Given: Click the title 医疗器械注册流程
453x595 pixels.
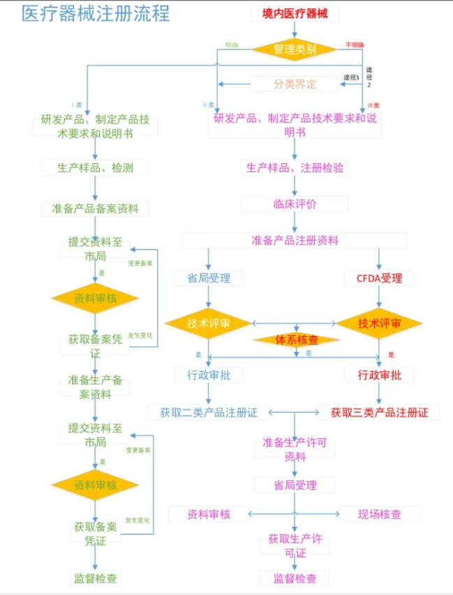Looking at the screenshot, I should [96, 14].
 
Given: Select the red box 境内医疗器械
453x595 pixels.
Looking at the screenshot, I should [295, 13].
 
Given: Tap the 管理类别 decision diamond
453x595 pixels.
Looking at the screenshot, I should [295, 50].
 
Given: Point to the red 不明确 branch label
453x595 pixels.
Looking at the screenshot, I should [354, 45].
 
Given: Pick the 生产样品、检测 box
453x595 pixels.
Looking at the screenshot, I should [95, 167].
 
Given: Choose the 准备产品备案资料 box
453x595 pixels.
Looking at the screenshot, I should [95, 208].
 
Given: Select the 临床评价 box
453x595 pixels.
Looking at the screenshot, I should [295, 204].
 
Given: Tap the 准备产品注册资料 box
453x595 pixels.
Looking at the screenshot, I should [295, 241].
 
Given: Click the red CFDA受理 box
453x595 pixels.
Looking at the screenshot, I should [379, 278].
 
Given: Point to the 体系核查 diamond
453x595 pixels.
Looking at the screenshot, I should [295, 340].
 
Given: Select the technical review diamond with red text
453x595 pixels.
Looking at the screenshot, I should [380, 324].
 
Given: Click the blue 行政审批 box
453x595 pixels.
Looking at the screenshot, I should [208, 375].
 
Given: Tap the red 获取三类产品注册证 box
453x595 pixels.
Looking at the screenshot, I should [380, 412].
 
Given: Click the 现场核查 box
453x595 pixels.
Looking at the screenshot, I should [380, 515].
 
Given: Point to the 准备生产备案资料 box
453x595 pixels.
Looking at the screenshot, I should [95, 387].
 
